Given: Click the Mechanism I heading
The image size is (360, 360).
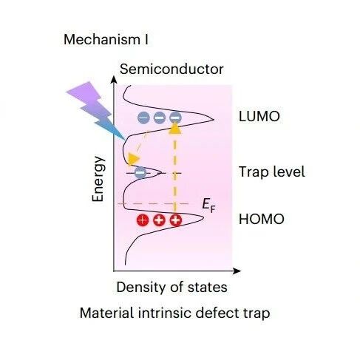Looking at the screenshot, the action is (x=106, y=39).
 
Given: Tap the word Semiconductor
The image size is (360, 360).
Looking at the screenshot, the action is (x=171, y=69).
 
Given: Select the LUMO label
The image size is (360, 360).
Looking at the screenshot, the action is (x=259, y=116).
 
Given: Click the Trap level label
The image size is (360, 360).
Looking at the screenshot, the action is (x=272, y=171).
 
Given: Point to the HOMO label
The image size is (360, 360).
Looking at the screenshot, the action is (x=262, y=219).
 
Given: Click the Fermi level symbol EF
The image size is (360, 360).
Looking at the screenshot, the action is (x=208, y=206).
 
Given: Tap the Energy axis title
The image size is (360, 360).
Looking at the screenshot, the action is (x=98, y=179).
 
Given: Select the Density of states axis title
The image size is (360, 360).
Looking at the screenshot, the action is (x=171, y=288).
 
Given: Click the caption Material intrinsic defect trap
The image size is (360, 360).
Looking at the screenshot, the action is (x=174, y=313).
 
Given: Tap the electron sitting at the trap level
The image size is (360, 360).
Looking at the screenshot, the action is (x=140, y=172).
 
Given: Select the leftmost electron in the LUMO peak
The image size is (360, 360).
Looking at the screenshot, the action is (x=143, y=118).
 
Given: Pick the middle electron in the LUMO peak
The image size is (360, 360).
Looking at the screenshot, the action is (x=160, y=118).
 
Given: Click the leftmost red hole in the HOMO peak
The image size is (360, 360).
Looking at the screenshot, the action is (x=143, y=220).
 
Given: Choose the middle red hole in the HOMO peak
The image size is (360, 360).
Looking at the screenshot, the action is (x=159, y=220).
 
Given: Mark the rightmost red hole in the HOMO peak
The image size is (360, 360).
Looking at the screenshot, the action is (x=176, y=220).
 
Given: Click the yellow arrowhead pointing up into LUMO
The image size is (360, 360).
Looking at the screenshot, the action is (x=175, y=129).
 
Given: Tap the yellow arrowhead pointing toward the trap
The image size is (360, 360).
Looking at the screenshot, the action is (x=133, y=158).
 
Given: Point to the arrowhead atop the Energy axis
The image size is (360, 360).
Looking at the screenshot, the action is (x=114, y=80).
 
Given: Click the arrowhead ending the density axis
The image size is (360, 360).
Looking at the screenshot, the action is (x=237, y=271).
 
